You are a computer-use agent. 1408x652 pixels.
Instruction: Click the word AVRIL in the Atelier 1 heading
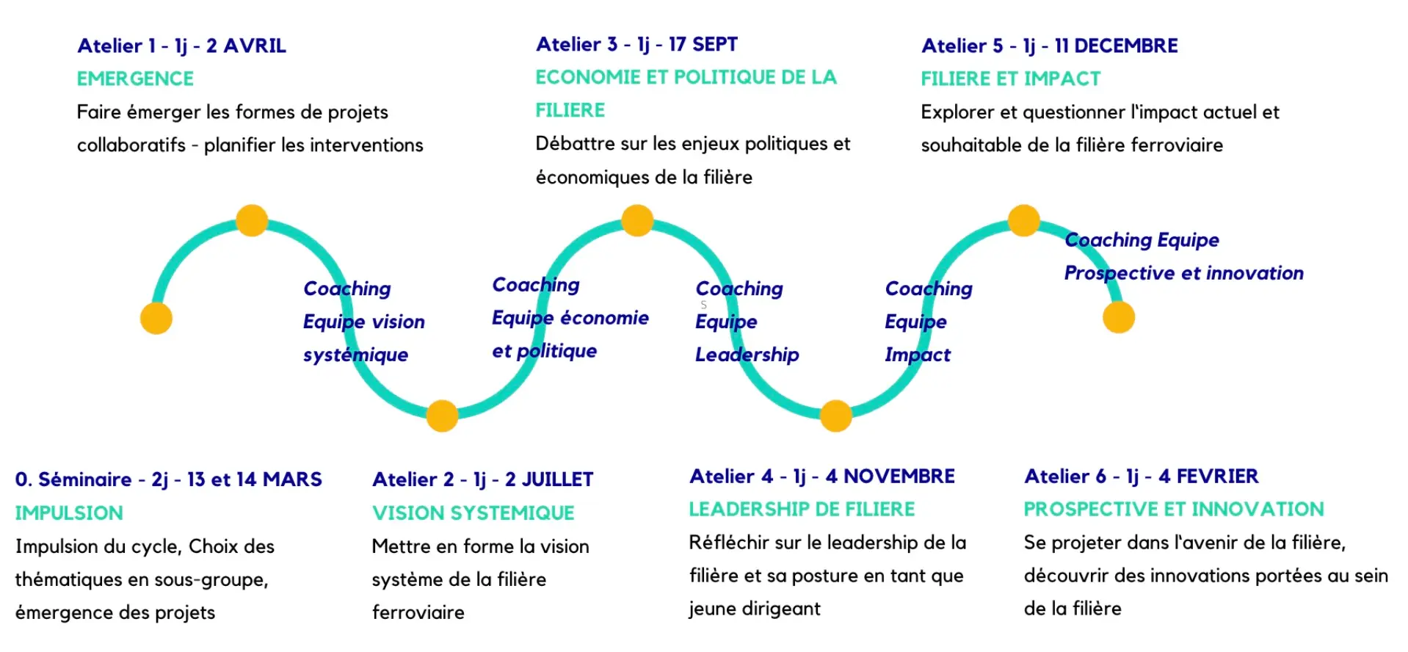click(255, 46)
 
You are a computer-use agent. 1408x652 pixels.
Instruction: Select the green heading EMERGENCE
click(136, 79)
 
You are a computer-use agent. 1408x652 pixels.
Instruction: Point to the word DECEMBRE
click(1126, 46)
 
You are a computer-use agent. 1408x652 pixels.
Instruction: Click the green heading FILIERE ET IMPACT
click(1011, 79)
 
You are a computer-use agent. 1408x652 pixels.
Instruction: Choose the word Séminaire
click(85, 479)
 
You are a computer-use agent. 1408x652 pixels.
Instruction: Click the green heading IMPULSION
click(69, 512)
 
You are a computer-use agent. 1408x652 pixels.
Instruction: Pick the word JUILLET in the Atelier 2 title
click(559, 479)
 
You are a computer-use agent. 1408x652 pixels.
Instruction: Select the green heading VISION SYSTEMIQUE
click(473, 512)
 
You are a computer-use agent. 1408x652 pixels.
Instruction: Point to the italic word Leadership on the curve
click(747, 355)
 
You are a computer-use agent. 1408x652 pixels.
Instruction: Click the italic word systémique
click(355, 355)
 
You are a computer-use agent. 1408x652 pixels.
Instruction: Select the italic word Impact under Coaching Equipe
click(918, 355)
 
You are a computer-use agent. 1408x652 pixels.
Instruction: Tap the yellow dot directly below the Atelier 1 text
click(252, 220)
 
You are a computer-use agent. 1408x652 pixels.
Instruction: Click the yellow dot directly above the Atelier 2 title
click(442, 416)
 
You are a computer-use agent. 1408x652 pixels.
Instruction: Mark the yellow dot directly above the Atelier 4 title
click(835, 416)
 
